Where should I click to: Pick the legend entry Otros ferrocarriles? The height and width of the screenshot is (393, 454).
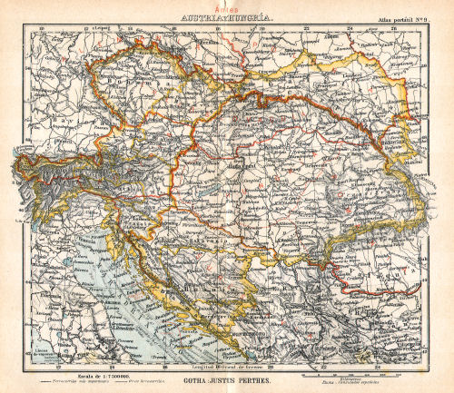141,382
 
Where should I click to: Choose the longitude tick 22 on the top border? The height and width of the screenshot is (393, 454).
307,26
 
